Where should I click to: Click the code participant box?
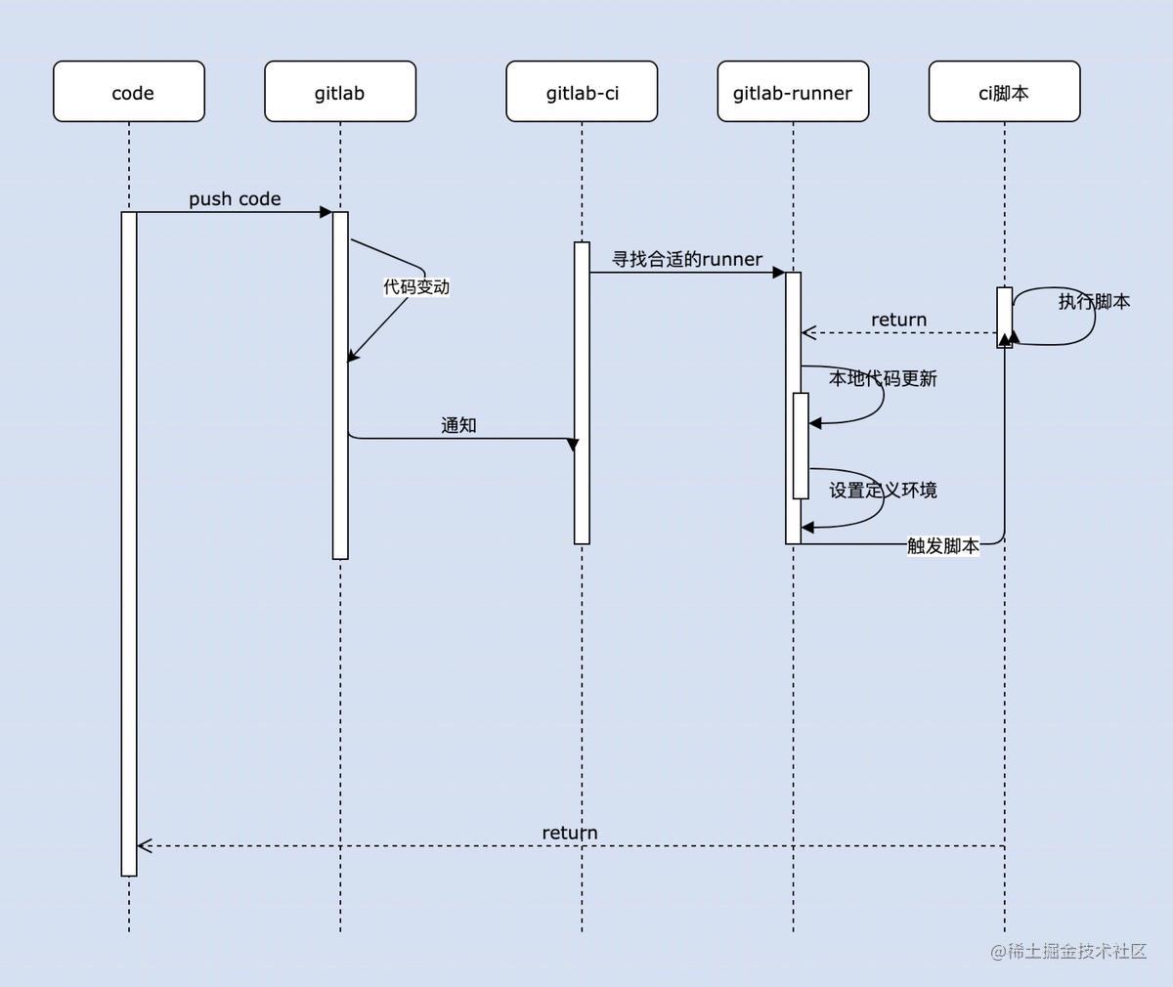pos(129,92)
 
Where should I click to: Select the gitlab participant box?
pos(340,92)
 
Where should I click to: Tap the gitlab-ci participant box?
pos(582,92)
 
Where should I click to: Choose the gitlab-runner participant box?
pos(793,92)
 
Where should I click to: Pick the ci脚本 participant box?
pos(1004,92)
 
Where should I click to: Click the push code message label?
pos(235,198)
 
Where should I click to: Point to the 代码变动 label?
pos(416,286)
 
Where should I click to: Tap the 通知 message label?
pos(458,425)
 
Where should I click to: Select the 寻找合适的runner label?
pos(686,259)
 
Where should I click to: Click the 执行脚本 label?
pos(1094,301)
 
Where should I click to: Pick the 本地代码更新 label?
pos(883,378)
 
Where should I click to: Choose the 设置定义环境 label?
pos(883,490)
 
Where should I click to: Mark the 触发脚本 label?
pos(942,545)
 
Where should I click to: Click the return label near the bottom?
pos(570,833)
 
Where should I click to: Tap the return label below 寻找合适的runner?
pos(898,320)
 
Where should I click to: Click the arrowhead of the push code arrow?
pos(326,212)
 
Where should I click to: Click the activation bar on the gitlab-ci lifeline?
pos(582,391)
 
